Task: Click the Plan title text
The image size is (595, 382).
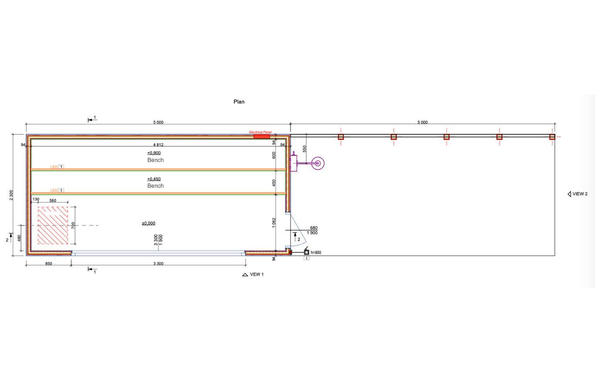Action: click(x=239, y=102)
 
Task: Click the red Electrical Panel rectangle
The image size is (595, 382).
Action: click(x=262, y=136)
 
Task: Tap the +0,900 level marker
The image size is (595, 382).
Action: click(x=154, y=153)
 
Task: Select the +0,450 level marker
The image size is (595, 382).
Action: click(x=154, y=179)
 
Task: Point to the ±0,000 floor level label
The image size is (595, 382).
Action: click(x=149, y=223)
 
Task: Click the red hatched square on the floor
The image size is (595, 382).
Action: click(x=53, y=225)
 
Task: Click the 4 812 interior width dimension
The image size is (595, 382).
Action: click(x=158, y=145)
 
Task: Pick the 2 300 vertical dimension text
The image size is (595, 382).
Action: click(x=11, y=195)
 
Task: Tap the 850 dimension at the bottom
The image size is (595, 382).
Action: click(x=49, y=264)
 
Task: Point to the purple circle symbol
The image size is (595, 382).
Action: click(x=318, y=163)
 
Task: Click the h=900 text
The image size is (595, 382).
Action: click(x=316, y=253)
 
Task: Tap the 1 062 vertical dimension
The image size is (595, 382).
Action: click(x=274, y=223)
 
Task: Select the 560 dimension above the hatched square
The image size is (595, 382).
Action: click(x=53, y=200)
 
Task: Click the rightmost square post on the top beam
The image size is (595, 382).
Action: click(x=552, y=137)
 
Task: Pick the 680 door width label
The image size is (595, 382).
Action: click(x=314, y=228)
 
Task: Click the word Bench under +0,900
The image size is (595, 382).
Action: click(x=156, y=160)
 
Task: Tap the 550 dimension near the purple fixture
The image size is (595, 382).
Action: click(x=304, y=149)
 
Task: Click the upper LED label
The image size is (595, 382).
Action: click(x=54, y=167)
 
